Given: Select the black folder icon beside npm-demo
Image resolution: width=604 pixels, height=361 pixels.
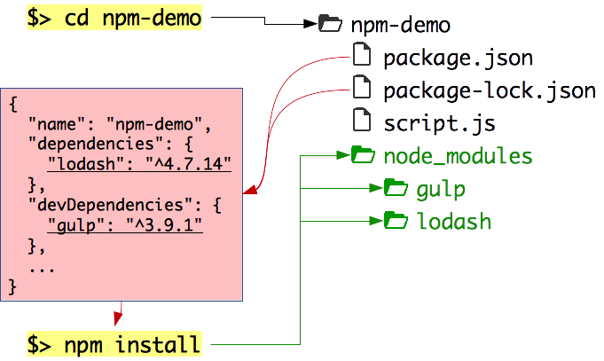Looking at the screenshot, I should click(329, 25).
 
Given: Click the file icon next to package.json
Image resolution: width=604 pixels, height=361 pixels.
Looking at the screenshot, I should click(361, 57).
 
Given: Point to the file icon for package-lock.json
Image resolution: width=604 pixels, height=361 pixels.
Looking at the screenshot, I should click(361, 88).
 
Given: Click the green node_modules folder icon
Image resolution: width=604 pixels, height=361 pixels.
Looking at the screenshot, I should click(362, 156).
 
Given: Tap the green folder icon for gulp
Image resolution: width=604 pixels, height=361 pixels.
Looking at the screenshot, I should click(395, 187).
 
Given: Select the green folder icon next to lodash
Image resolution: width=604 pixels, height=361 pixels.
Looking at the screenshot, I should click(395, 219).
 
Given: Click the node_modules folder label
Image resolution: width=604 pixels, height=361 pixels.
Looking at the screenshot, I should click(458, 157).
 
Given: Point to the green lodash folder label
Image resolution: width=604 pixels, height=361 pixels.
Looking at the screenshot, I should click(453, 220).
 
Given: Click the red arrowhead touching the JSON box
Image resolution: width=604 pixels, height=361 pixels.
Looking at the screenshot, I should click(251, 189).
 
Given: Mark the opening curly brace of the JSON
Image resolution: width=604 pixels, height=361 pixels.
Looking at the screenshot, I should click(13, 102).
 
